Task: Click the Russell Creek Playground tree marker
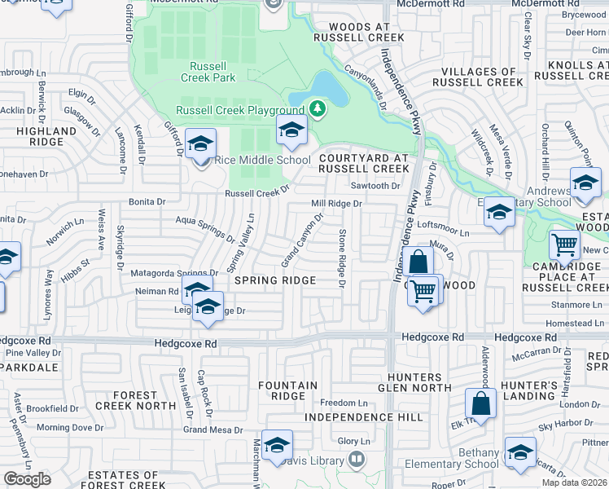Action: [317, 108]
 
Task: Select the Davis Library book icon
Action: [356, 460]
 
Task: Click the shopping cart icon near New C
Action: [563, 244]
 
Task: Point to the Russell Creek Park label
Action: [212, 72]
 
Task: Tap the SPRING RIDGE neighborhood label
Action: [275, 280]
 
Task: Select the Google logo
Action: [28, 479]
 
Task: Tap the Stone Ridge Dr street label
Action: [341, 259]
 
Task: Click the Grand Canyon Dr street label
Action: [303, 240]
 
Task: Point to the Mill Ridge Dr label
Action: [336, 204]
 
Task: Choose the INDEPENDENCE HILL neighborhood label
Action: [363, 417]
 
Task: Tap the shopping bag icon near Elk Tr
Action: [480, 403]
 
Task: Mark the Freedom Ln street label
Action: [344, 403]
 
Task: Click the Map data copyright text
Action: [575, 482]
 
